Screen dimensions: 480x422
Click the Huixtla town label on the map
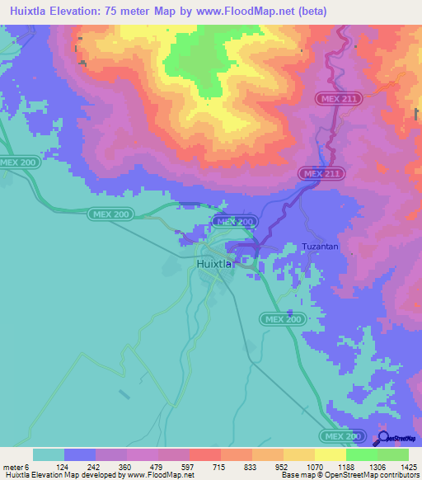[217, 264]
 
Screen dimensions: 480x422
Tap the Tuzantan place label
[320, 247]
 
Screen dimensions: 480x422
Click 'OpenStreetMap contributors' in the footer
[378, 475]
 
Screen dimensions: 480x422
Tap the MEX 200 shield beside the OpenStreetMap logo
[342, 435]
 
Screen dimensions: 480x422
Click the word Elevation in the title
[80, 11]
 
